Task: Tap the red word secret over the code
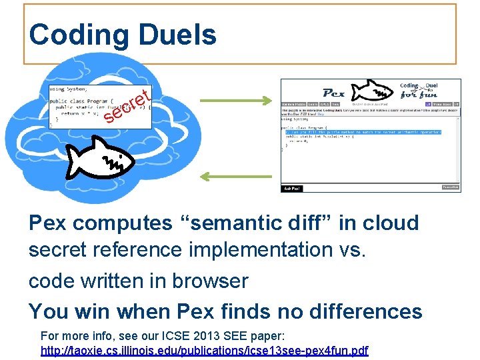tap(127, 107)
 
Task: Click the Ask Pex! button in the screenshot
tap(292, 189)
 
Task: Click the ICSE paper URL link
tap(204, 350)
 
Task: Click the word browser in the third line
tap(209, 281)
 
